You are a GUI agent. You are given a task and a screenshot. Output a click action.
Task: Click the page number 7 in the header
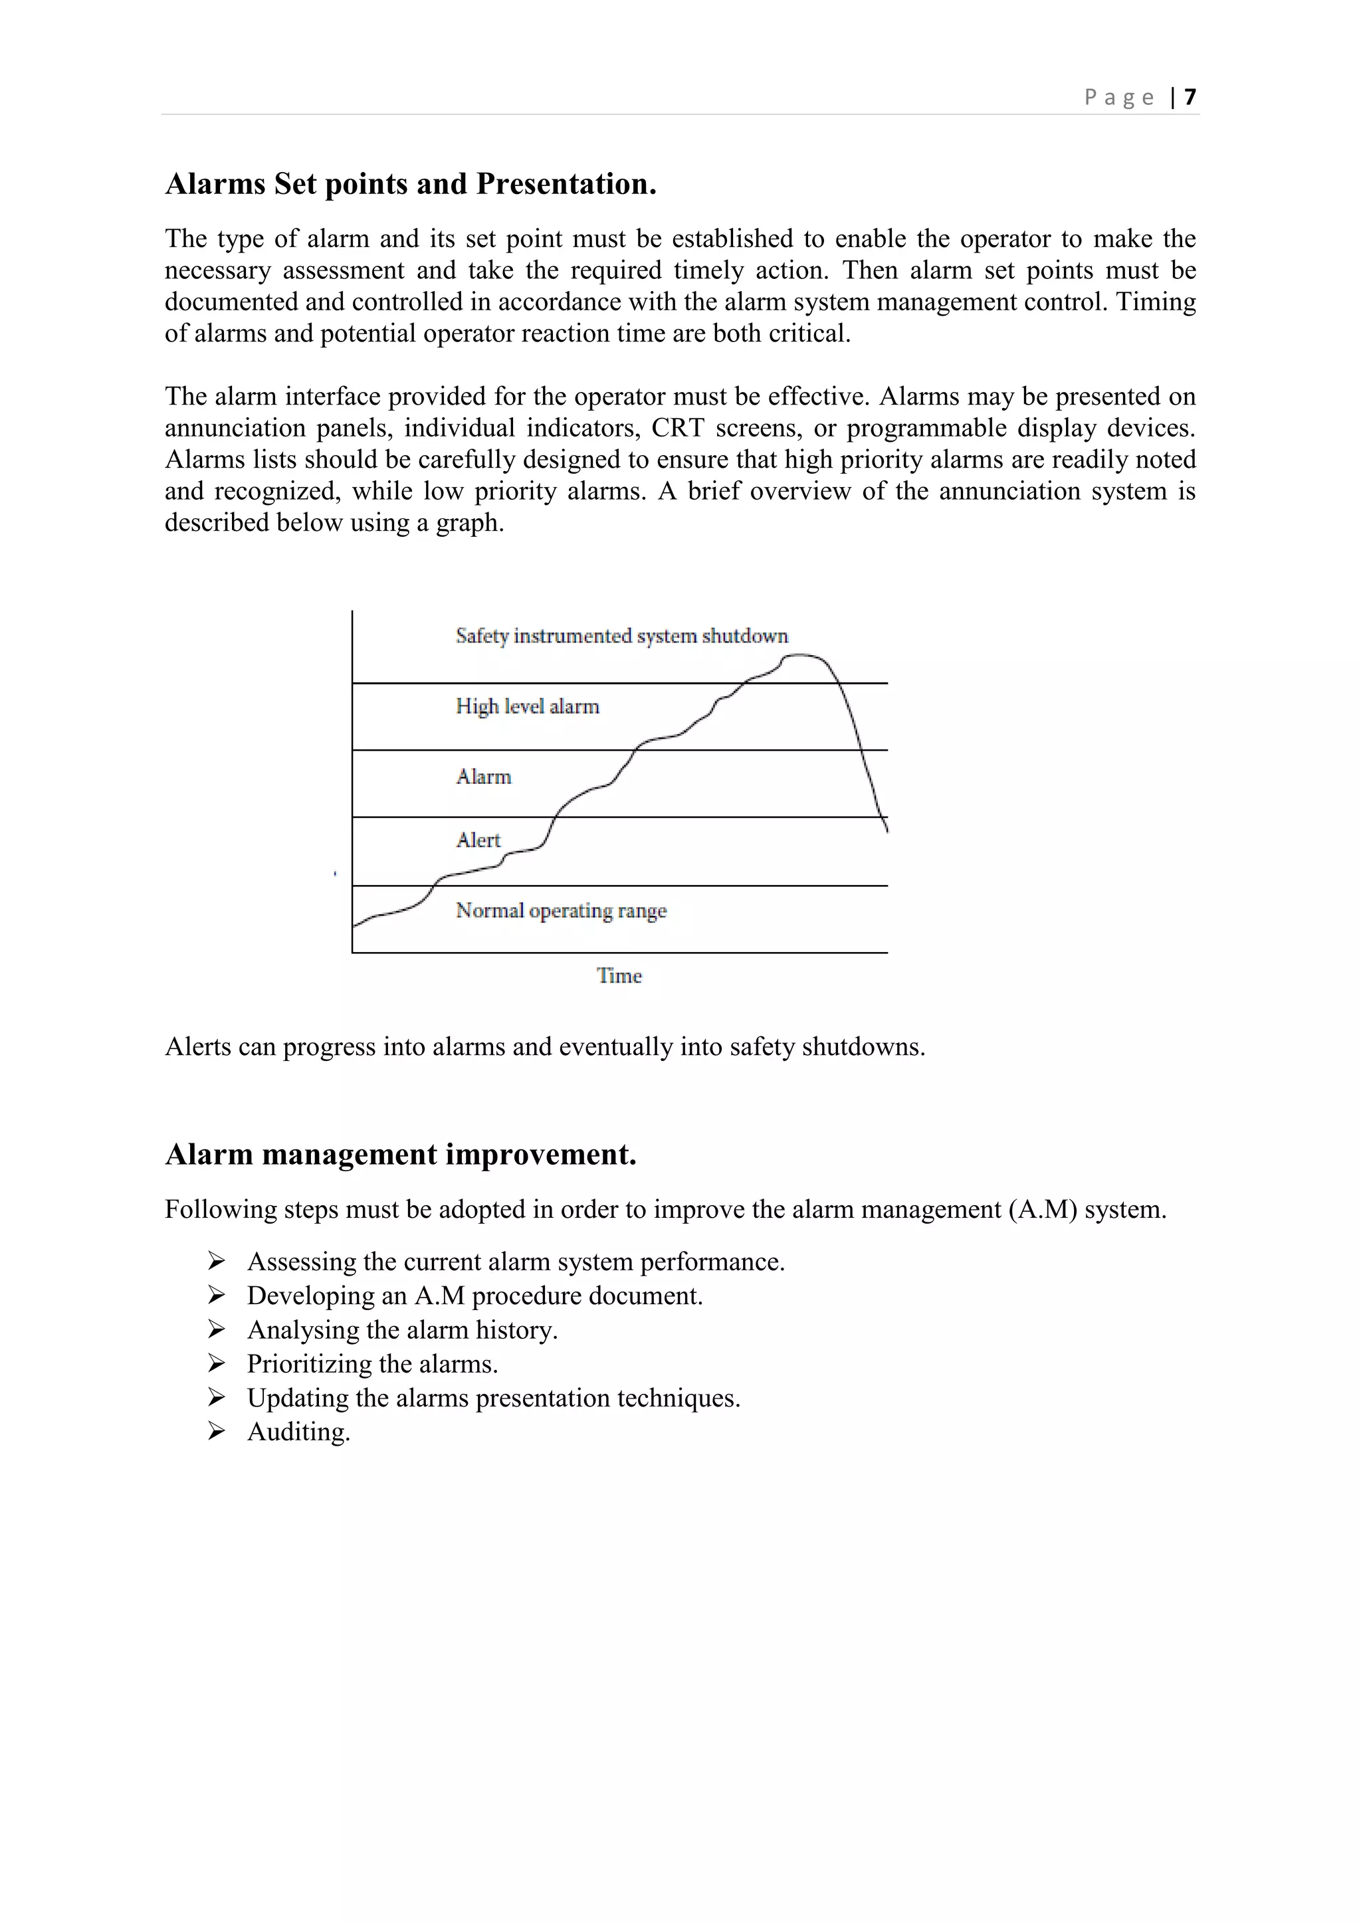[x=1190, y=97]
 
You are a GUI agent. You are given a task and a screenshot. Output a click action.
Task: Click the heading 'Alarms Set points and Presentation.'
[x=411, y=183]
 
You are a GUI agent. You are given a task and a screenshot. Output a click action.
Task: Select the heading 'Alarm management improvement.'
[x=401, y=1154]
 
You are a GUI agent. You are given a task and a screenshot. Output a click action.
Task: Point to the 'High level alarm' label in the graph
[x=527, y=706]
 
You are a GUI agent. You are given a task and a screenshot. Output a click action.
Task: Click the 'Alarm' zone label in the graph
[x=484, y=777]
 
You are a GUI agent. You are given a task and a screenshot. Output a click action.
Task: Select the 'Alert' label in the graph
[x=478, y=840]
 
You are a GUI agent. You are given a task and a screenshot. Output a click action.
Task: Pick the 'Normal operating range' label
[x=561, y=910]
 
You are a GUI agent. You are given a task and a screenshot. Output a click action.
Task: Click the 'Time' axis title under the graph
[x=619, y=975]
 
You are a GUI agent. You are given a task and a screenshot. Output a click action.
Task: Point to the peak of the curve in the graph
[x=802, y=655]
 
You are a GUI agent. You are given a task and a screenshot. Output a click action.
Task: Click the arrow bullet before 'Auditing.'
[x=216, y=1432]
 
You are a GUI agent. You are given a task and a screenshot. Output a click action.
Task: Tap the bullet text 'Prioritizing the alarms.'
[x=372, y=1364]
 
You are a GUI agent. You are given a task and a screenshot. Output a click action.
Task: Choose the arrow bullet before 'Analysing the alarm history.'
[x=216, y=1330]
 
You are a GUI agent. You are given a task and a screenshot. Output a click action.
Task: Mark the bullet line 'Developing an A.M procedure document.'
[x=474, y=1296]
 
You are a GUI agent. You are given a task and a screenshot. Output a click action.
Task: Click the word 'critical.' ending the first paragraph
[x=809, y=334]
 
